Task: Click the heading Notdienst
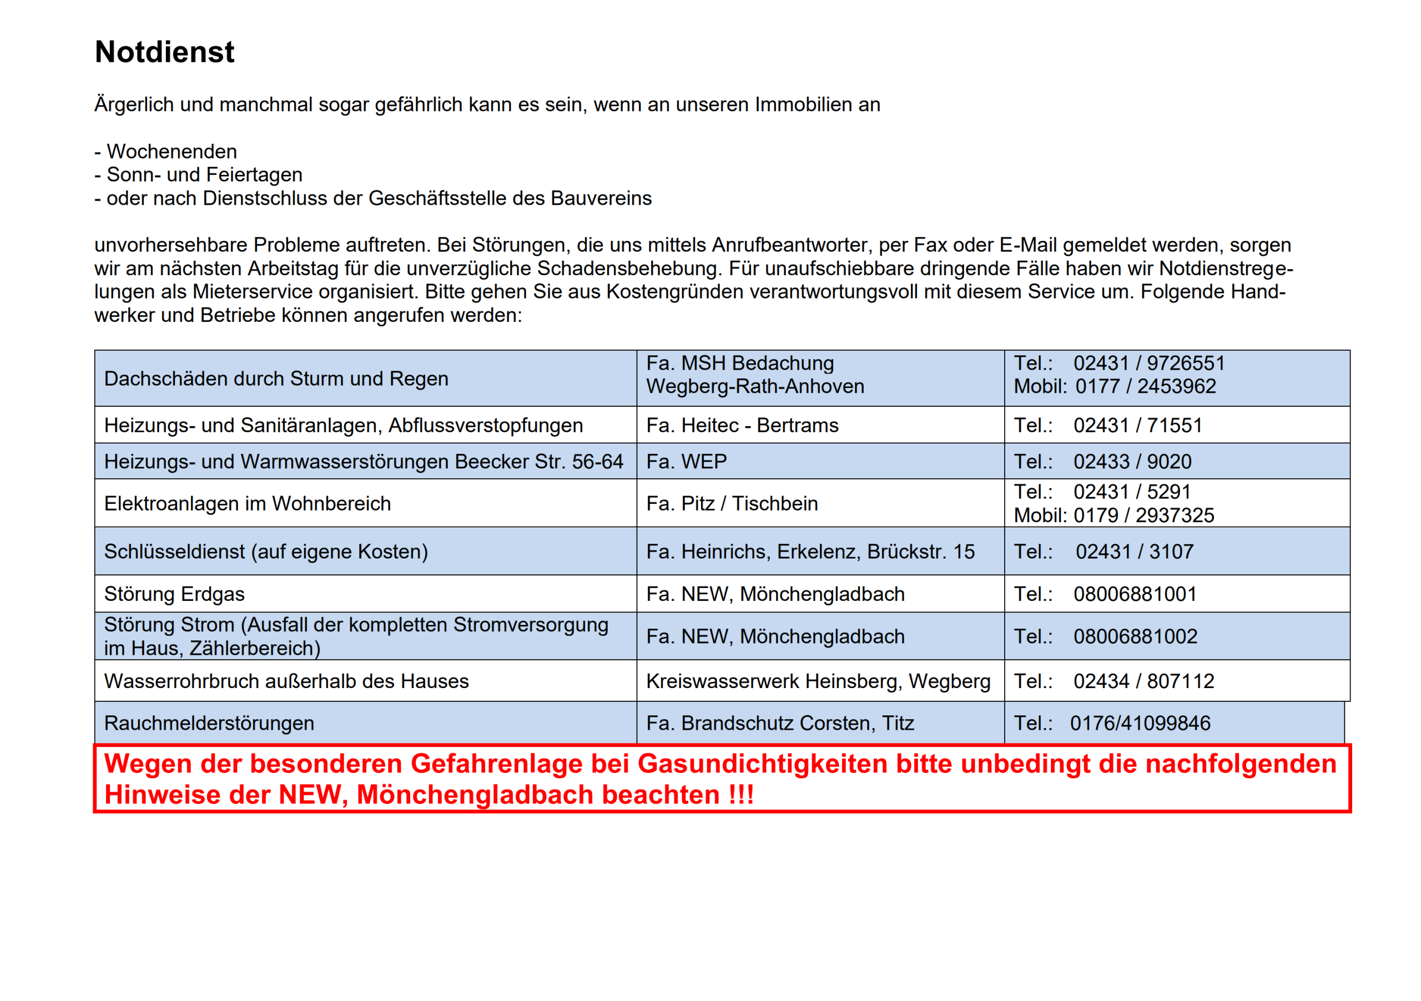[165, 52]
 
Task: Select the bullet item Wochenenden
[172, 151]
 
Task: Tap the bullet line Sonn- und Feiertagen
[204, 175]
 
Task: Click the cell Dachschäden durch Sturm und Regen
[276, 378]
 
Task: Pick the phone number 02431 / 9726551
[1148, 363]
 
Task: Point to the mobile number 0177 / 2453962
[1145, 387]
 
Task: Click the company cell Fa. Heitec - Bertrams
[742, 426]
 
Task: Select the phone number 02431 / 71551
[1137, 426]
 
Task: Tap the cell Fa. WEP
[687, 462]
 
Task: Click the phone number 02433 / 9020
[1132, 462]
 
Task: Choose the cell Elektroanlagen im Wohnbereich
[248, 504]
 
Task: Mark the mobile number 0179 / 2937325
[1143, 515]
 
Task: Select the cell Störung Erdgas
[174, 594]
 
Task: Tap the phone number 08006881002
[1135, 636]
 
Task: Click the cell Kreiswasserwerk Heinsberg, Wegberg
[818, 682]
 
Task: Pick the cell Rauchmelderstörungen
[209, 724]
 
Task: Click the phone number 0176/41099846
[1140, 724]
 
